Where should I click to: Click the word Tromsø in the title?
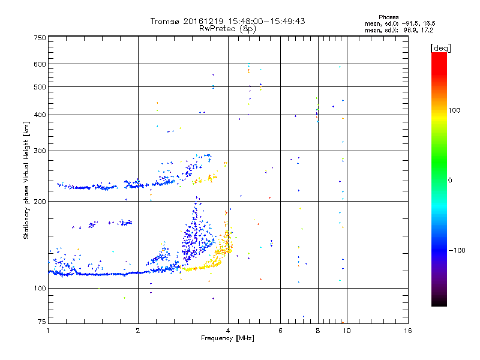pyautogui.click(x=167, y=21)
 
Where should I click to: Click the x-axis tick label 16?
pyautogui.click(x=408, y=331)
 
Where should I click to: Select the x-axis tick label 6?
pyautogui.click(x=280, y=331)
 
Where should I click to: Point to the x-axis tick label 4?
pyautogui.click(x=228, y=331)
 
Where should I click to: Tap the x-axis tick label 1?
pyautogui.click(x=48, y=331)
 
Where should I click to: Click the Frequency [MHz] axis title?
pyautogui.click(x=228, y=339)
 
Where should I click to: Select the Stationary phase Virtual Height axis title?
pyautogui.click(x=26, y=180)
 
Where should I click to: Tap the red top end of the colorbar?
pyautogui.click(x=439, y=56)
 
